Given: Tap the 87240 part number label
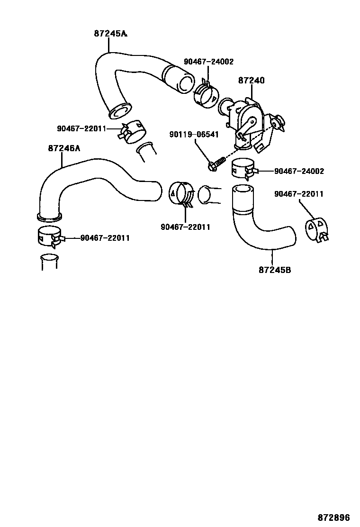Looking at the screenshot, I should click(251, 81).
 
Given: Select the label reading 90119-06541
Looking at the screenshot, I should click(194, 135).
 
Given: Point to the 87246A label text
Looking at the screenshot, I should click(64, 148).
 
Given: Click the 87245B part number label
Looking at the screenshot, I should click(275, 270).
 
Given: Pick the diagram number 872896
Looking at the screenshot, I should click(337, 514).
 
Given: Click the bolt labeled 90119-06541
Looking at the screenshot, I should click(216, 164).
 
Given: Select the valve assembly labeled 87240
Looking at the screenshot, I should click(249, 121).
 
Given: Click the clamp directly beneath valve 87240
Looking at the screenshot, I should click(243, 168).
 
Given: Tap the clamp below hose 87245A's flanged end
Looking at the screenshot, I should click(130, 131).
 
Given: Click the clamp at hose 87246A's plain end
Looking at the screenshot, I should click(181, 195).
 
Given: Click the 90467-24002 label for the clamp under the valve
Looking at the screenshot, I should click(299, 171).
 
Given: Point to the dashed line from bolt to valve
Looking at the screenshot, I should click(246, 145).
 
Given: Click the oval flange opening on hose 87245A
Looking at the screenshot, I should click(120, 111).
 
